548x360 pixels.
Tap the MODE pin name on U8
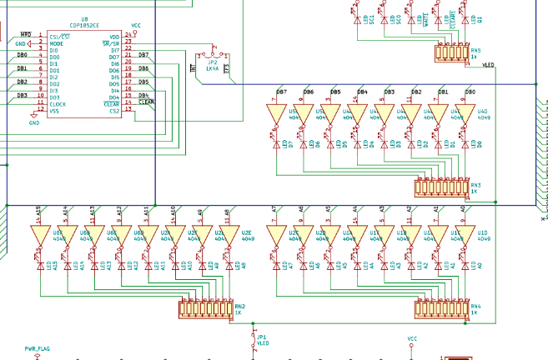(x=56, y=43)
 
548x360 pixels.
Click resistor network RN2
(x=205, y=309)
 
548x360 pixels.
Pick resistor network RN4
(x=441, y=309)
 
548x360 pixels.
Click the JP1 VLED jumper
(x=254, y=338)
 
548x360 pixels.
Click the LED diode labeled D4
(x=357, y=144)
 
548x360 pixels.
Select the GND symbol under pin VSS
(x=34, y=119)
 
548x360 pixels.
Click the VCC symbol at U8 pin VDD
(x=137, y=27)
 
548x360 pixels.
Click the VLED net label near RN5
(x=487, y=65)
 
